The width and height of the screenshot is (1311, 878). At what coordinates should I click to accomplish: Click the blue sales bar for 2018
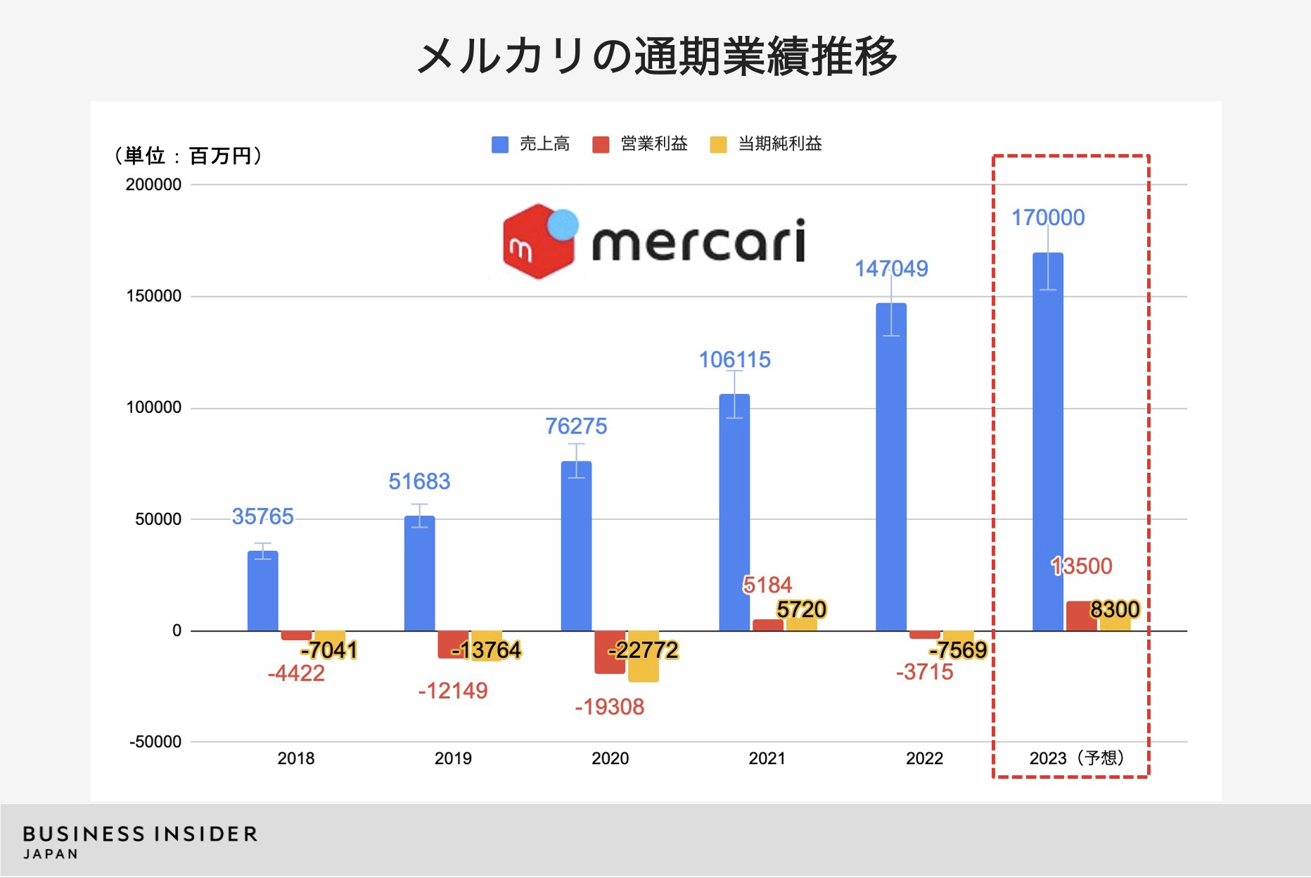pyautogui.click(x=262, y=591)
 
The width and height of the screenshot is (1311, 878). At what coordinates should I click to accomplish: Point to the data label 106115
pyautogui.click(x=734, y=360)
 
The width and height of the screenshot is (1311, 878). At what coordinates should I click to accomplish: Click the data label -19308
pyautogui.click(x=609, y=706)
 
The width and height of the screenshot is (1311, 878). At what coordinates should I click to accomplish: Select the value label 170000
pyautogui.click(x=1047, y=217)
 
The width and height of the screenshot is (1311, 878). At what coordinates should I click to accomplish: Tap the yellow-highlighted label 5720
pyautogui.click(x=801, y=609)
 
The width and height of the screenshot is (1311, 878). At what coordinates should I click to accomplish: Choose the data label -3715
pyautogui.click(x=924, y=672)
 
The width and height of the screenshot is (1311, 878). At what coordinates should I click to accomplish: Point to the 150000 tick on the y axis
pyautogui.click(x=153, y=296)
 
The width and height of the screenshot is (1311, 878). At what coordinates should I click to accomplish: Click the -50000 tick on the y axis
pyautogui.click(x=155, y=742)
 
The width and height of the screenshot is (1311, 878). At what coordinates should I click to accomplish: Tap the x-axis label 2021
pyautogui.click(x=767, y=758)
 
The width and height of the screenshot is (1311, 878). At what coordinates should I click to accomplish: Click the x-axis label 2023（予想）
pyautogui.click(x=1077, y=758)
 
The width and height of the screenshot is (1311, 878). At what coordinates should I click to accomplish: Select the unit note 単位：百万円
pyautogui.click(x=188, y=155)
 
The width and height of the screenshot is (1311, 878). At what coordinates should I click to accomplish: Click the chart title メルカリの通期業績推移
pyautogui.click(x=655, y=56)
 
